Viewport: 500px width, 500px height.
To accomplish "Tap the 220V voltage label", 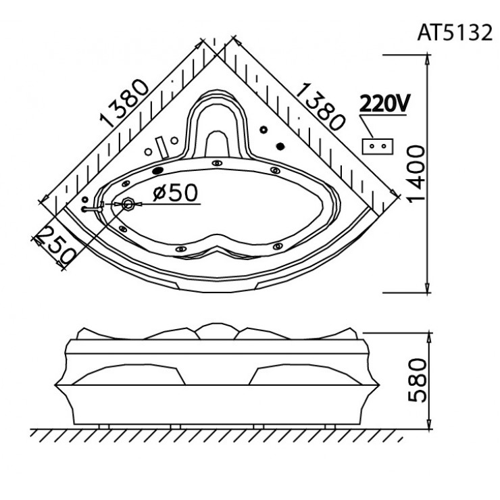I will click(384, 104).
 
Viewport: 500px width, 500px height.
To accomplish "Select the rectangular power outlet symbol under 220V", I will click(378, 145).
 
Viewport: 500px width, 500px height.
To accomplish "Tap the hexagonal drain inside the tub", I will click(128, 203).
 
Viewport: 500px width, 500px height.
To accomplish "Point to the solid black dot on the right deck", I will click(280, 145).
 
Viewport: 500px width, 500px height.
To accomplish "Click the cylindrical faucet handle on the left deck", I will click(161, 147).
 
